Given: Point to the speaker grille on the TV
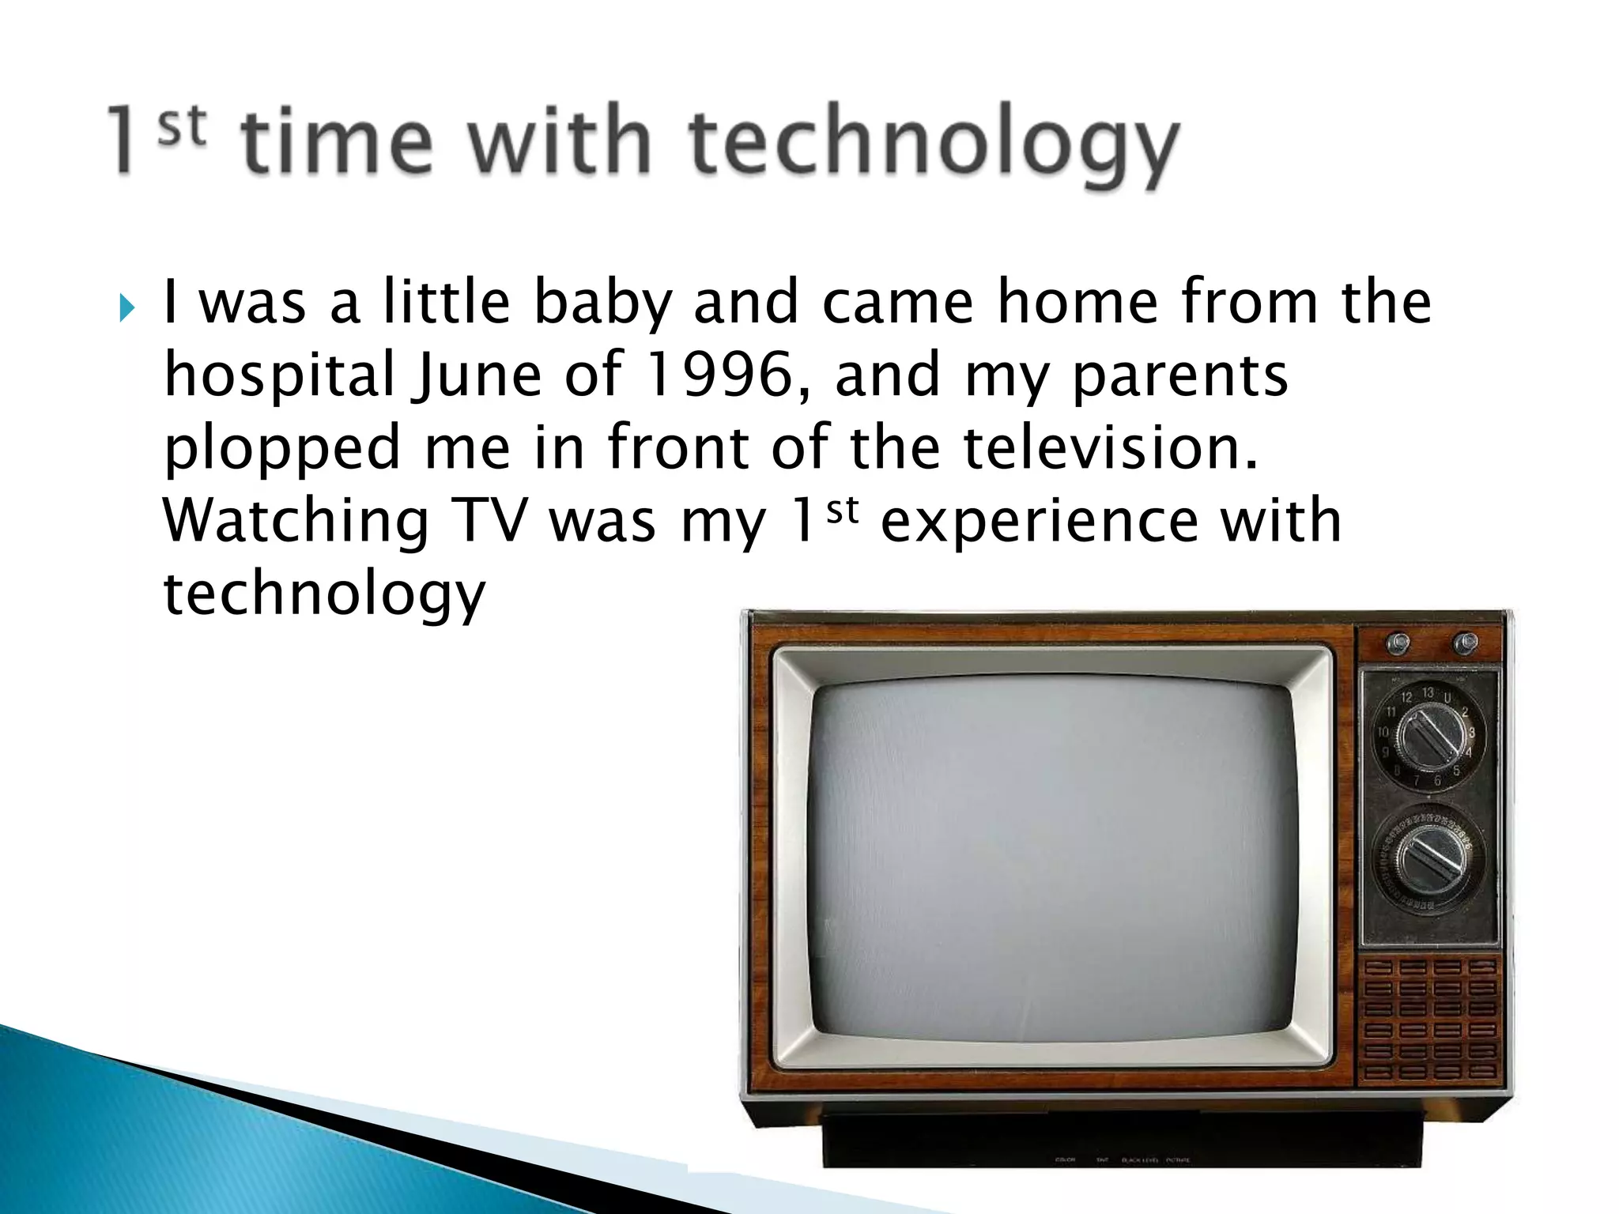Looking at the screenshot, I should click(1429, 1020).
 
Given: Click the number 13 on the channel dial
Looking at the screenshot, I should click(1428, 693).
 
